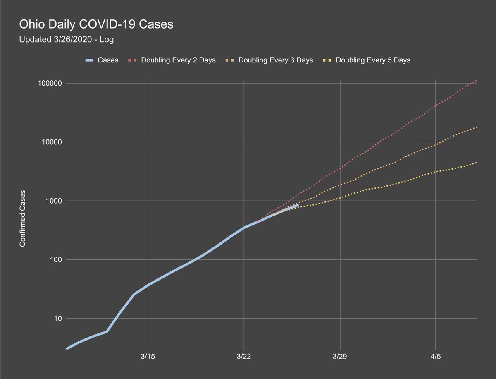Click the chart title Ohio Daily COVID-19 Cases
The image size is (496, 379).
tap(96, 25)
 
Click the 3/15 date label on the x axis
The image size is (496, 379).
tap(148, 357)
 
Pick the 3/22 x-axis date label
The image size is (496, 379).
tap(244, 357)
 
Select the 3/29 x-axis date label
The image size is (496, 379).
tap(340, 357)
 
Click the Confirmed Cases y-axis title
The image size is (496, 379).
tap(23, 218)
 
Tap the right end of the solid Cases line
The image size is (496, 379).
tap(298, 204)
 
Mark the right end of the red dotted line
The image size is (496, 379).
tap(477, 81)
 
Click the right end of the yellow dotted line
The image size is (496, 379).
tap(477, 163)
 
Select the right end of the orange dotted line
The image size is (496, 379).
tap(477, 127)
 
